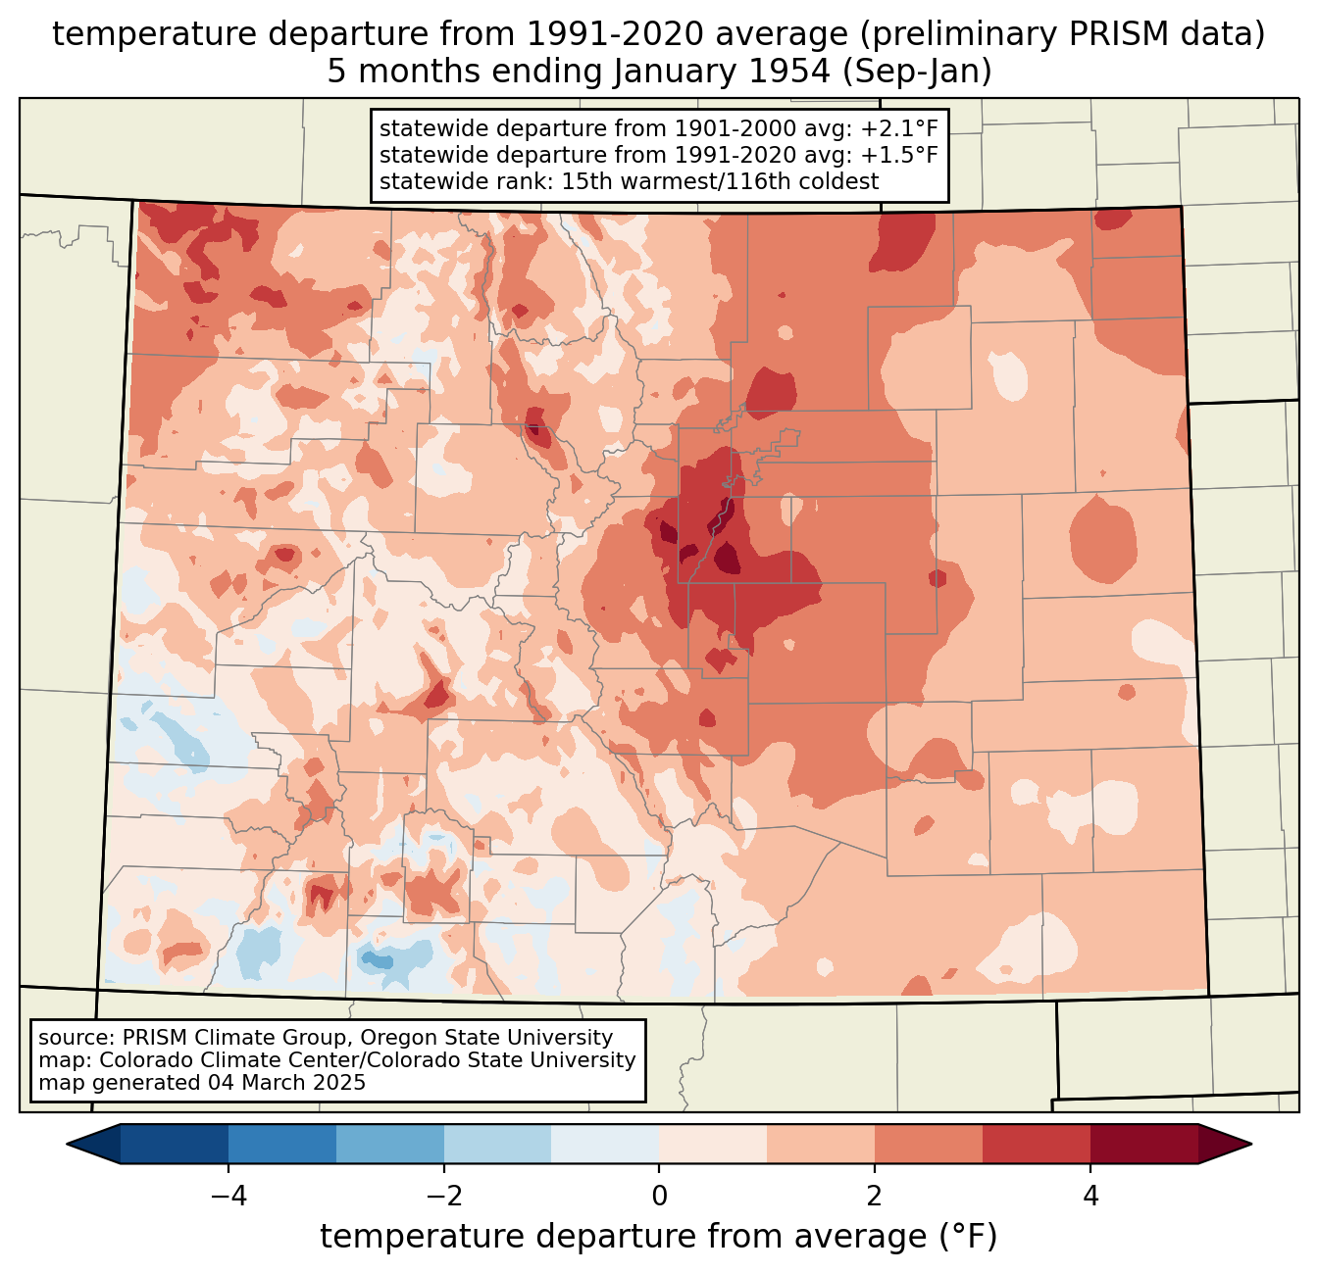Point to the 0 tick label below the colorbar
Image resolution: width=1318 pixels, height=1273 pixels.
[x=659, y=1196]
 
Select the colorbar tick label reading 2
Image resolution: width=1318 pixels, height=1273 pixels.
[x=875, y=1196]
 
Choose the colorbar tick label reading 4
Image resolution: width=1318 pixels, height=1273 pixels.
[x=1090, y=1196]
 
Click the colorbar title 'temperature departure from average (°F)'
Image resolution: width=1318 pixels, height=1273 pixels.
[x=659, y=1237]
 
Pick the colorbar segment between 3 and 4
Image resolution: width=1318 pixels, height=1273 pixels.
[x=1037, y=1144]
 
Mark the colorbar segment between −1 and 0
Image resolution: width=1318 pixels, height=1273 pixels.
[x=605, y=1144]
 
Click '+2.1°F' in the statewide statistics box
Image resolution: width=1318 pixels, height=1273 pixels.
[x=899, y=129]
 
